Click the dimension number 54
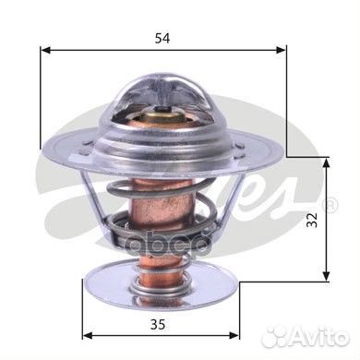tap(162, 39)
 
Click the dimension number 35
tap(158, 324)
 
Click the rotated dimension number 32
tap(312, 220)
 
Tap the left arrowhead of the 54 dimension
tap(45, 50)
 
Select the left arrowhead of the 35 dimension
tap(88, 335)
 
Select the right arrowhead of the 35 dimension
tap(234, 335)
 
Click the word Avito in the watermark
tap(319, 337)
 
